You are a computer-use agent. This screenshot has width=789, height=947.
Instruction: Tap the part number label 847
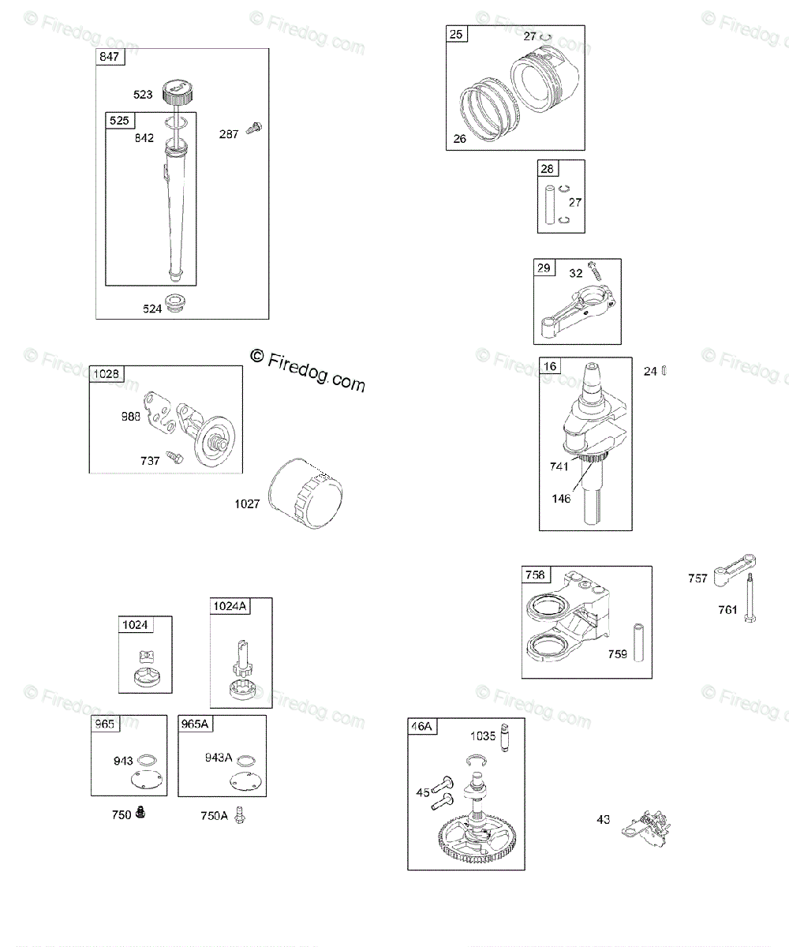tap(108, 57)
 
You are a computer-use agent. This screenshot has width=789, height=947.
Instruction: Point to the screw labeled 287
tap(254, 129)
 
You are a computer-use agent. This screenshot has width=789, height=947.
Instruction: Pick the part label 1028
tap(107, 373)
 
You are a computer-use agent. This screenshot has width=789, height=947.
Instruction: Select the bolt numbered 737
tap(174, 457)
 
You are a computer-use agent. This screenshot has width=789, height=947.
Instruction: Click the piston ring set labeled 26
tap(485, 110)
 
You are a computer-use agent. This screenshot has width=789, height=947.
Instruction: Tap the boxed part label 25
tap(457, 34)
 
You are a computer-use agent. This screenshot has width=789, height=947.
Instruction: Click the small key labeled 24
tap(664, 371)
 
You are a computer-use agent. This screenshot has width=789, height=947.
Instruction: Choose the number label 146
tap(561, 499)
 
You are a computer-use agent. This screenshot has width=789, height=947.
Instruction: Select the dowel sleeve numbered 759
tap(638, 643)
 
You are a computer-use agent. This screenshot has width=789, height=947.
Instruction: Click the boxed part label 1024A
tap(230, 605)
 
